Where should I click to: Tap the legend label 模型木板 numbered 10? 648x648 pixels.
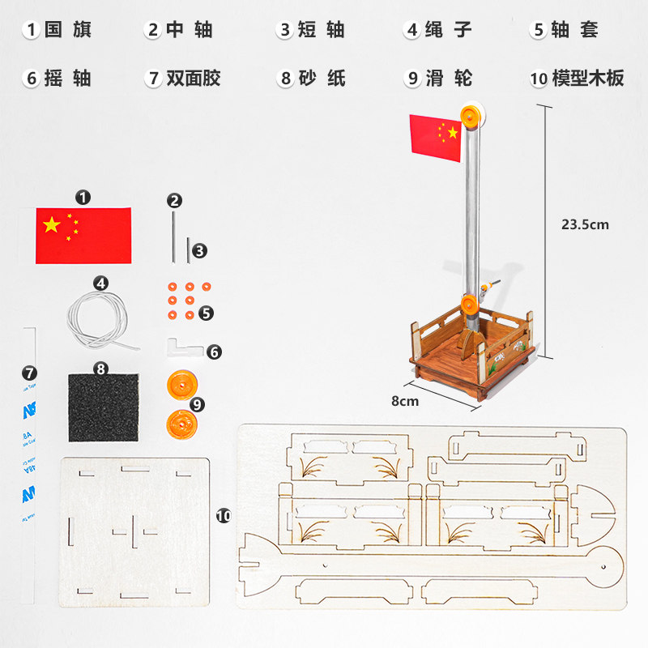coord(578,79)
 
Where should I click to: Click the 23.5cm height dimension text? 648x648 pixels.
coord(584,224)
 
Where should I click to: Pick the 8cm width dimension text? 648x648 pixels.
coord(405,400)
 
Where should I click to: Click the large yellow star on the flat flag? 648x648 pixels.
coord(52,224)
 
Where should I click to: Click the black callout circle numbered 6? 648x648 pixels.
coord(214,352)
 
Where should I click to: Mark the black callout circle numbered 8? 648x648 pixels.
coord(101,369)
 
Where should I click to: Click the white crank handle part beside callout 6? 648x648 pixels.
coord(184,347)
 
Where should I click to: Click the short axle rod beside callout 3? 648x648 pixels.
coord(188,250)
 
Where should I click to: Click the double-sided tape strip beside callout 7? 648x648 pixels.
coord(29,466)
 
